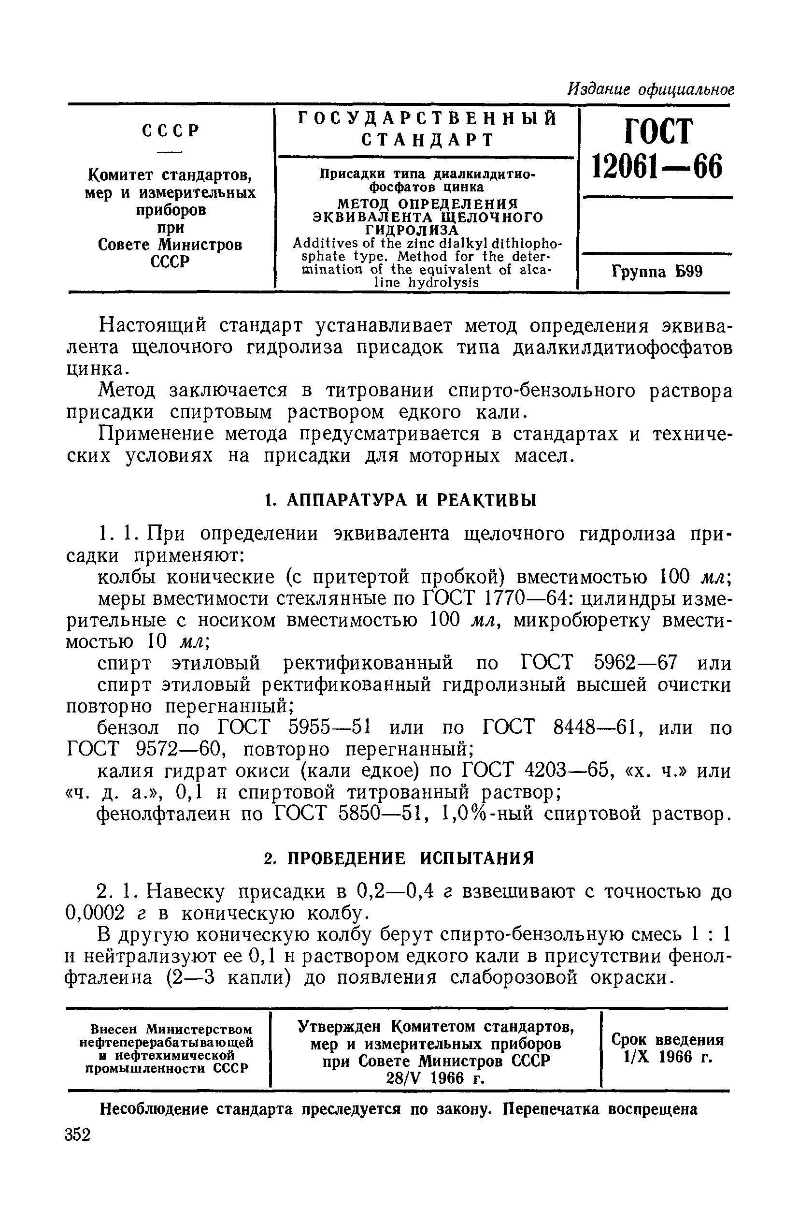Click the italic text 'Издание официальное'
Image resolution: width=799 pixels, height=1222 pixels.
pyautogui.click(x=650, y=89)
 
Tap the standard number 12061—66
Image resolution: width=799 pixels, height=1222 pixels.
pyautogui.click(x=656, y=166)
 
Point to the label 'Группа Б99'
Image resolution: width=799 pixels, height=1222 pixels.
pyautogui.click(x=656, y=271)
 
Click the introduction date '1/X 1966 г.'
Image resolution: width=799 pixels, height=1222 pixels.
pyautogui.click(x=667, y=1057)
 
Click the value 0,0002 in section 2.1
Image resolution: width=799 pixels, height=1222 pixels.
pyautogui.click(x=96, y=913)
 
